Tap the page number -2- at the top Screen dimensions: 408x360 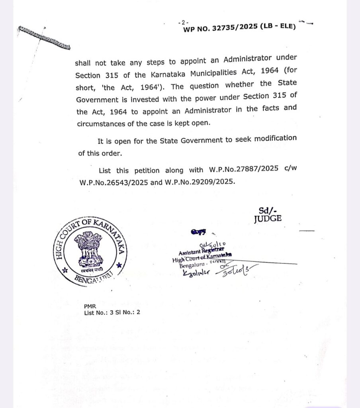(185, 22)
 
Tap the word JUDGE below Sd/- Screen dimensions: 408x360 (268, 219)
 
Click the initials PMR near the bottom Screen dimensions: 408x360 (89, 306)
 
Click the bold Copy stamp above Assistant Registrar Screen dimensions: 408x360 (198, 232)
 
